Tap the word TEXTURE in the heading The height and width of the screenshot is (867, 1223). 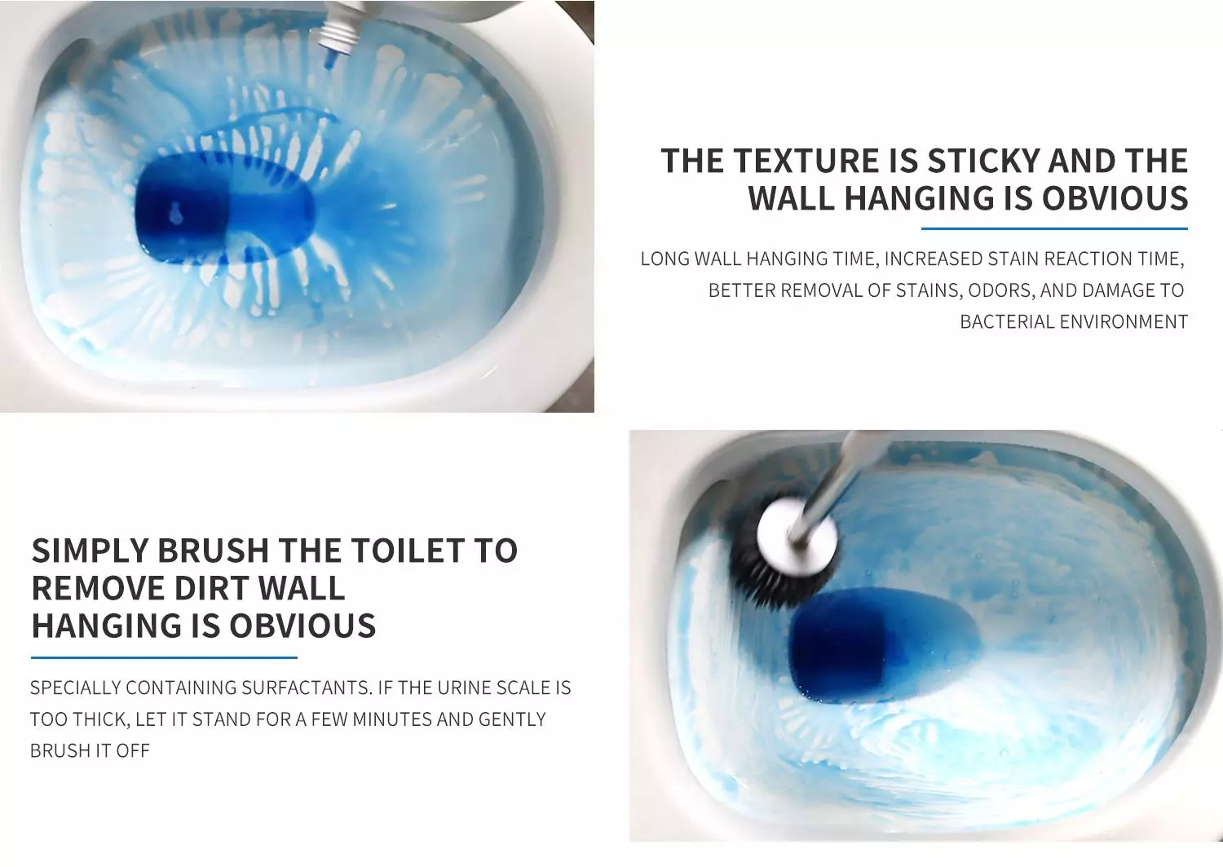[x=806, y=161]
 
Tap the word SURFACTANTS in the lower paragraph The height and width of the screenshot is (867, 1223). [x=307, y=688]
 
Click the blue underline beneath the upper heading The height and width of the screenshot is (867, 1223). [x=1054, y=228]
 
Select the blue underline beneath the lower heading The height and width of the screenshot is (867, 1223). [x=164, y=657]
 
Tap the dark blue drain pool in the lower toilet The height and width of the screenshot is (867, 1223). [x=880, y=644]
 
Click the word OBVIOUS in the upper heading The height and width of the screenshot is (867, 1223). [x=1115, y=197]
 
